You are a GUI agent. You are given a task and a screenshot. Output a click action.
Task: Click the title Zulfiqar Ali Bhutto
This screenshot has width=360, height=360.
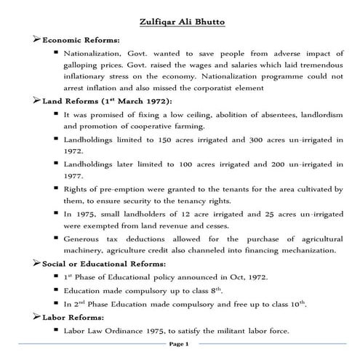coord(180,22)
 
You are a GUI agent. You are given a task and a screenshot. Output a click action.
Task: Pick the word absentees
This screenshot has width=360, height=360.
coord(241,115)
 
